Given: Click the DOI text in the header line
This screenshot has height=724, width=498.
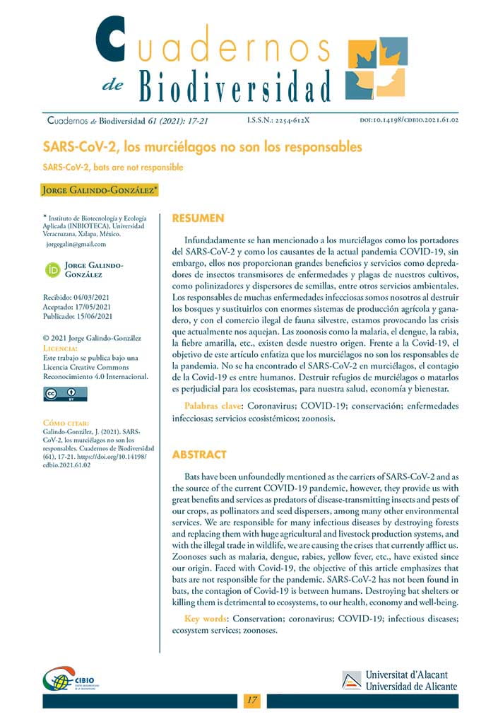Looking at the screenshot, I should pos(410,120).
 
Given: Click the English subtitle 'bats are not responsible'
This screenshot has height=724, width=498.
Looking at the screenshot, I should pos(113,168).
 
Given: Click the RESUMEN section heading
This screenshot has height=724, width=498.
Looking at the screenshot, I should pos(198,218).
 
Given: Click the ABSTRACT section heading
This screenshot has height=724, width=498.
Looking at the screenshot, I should pos(199,455).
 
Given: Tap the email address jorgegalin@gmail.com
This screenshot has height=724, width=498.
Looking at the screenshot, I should pos(76,244).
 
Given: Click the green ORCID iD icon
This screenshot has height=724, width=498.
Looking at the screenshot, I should pos(52,269).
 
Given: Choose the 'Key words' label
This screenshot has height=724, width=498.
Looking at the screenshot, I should pos(206,619).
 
